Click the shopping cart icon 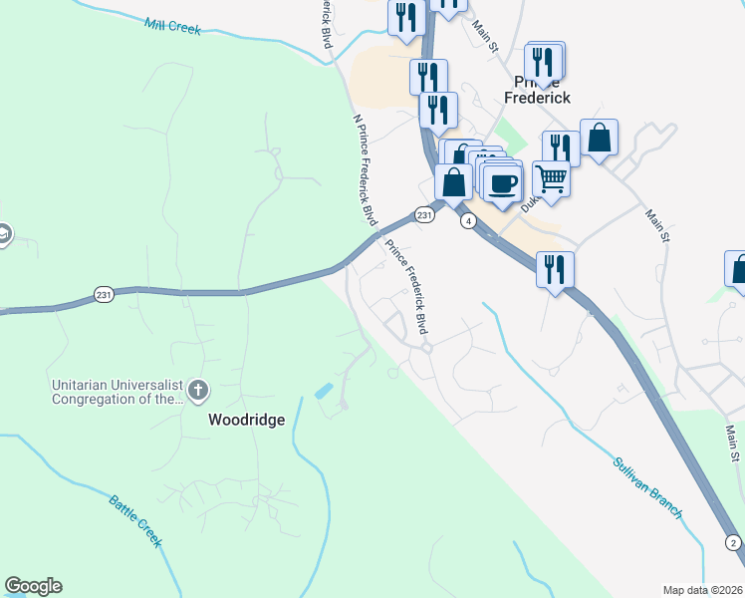pos(551,179)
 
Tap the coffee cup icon pos(504,183)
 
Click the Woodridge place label pos(246,420)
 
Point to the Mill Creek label pos(172,26)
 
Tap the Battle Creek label pos(136,519)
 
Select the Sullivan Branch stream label pos(648,486)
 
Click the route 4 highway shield pos(466,221)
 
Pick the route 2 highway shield pos(733,542)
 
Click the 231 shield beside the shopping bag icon pos(424,214)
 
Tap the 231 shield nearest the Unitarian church pos(104,295)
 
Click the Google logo pos(33,586)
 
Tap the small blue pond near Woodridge pos(325,391)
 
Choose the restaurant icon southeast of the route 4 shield pos(555,269)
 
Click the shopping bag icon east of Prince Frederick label pos(600,139)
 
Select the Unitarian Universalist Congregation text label pos(117,391)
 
